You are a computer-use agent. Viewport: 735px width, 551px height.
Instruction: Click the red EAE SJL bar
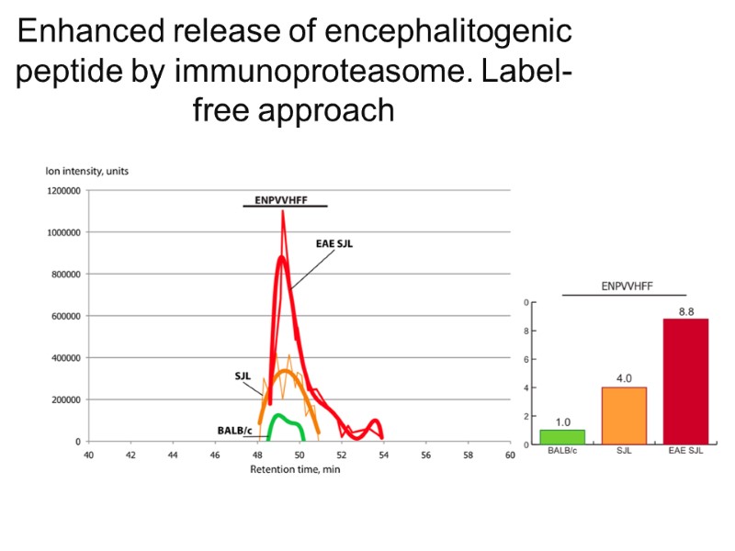tap(685, 381)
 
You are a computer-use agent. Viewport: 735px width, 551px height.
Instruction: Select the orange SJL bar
tap(624, 415)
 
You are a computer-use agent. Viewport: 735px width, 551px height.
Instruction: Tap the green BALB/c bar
tap(561, 437)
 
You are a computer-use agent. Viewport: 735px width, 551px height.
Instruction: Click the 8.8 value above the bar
tap(685, 311)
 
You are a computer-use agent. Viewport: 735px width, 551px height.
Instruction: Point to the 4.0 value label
tap(624, 378)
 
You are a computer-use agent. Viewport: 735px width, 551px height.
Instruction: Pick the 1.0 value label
tap(561, 422)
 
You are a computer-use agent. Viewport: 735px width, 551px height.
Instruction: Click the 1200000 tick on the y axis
tap(63, 191)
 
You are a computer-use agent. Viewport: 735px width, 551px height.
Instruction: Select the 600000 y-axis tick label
tap(66, 316)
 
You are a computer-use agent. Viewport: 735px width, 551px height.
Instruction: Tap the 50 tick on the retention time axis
tap(299, 455)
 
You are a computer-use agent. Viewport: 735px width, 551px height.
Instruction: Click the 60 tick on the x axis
tap(509, 455)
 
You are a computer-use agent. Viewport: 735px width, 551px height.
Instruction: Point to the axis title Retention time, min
tap(293, 469)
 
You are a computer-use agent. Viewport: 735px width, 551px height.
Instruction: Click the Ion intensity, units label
tap(88, 171)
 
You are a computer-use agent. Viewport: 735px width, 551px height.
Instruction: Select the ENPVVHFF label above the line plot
tap(281, 199)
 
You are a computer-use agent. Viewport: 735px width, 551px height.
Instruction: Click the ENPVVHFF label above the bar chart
tap(627, 286)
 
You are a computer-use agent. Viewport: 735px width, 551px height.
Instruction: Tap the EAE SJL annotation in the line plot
tap(334, 243)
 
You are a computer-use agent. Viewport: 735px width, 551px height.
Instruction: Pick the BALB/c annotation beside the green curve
tap(234, 429)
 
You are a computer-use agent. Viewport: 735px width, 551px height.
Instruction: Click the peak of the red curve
tap(282, 213)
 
